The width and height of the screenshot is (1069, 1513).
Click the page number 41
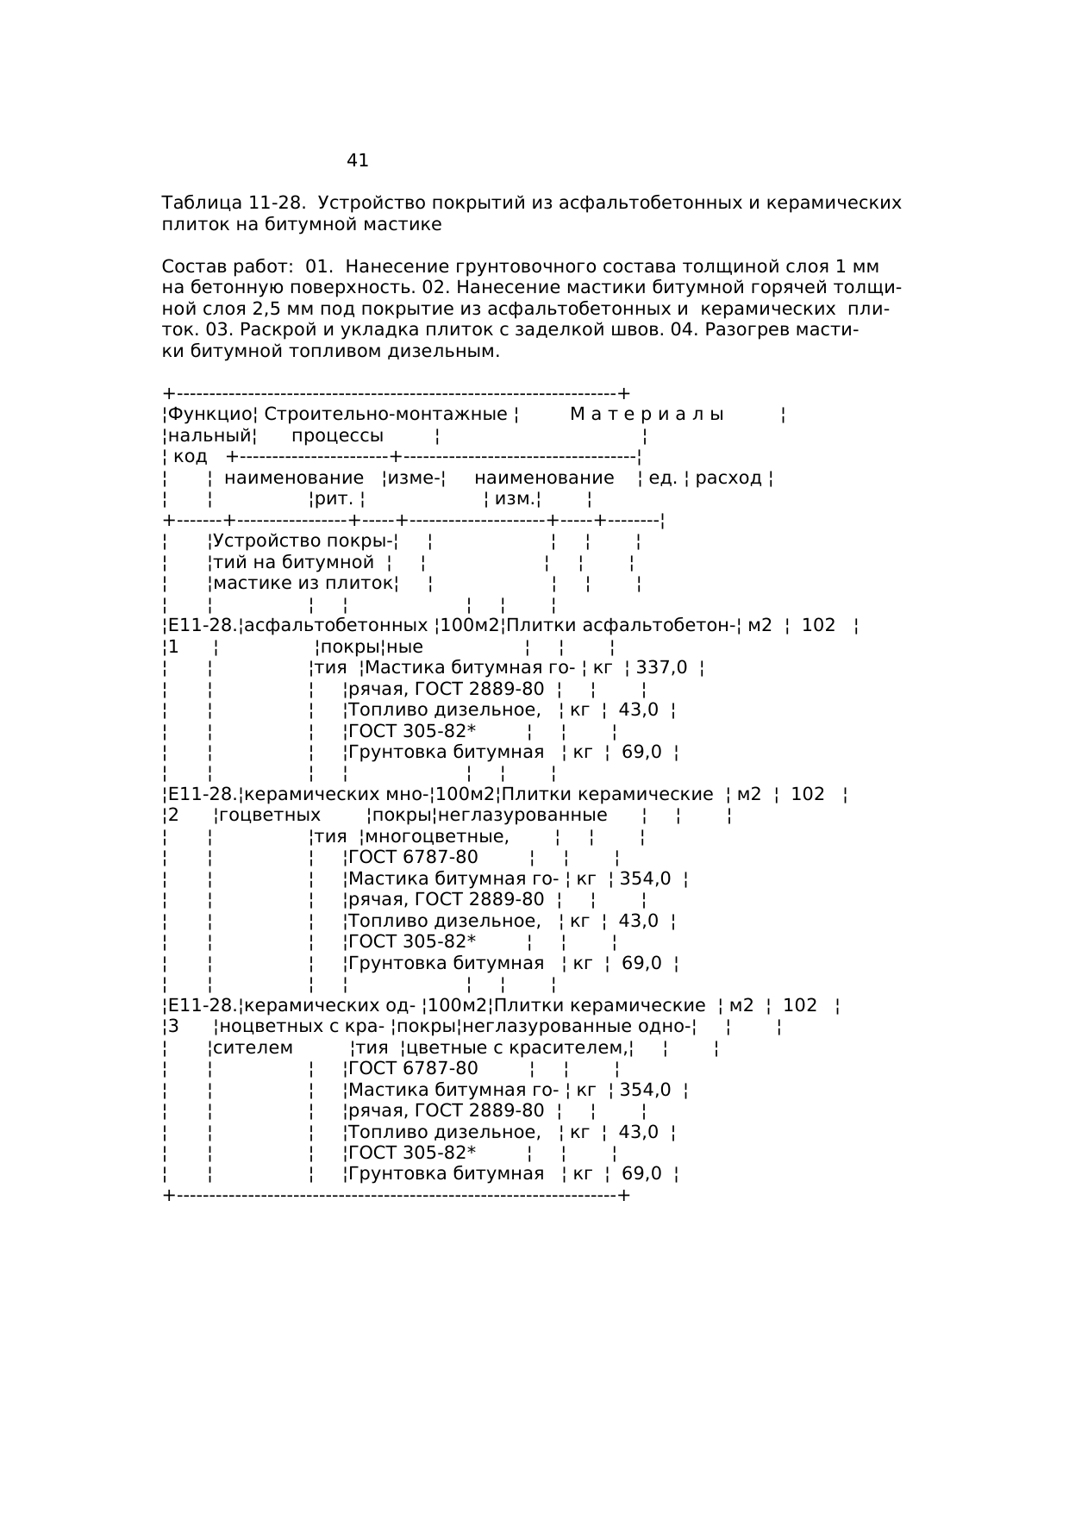[358, 160]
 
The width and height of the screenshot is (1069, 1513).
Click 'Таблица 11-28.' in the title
[234, 203]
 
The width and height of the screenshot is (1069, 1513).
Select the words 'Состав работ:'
[228, 267]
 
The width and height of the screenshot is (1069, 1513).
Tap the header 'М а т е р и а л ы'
[647, 415]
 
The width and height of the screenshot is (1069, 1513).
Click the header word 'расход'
[728, 478]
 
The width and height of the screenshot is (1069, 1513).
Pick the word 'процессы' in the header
[337, 435]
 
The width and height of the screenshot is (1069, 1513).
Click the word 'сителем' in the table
[253, 1047]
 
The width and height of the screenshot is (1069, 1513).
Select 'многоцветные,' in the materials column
[437, 836]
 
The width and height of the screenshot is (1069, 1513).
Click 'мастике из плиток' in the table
[303, 584]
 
